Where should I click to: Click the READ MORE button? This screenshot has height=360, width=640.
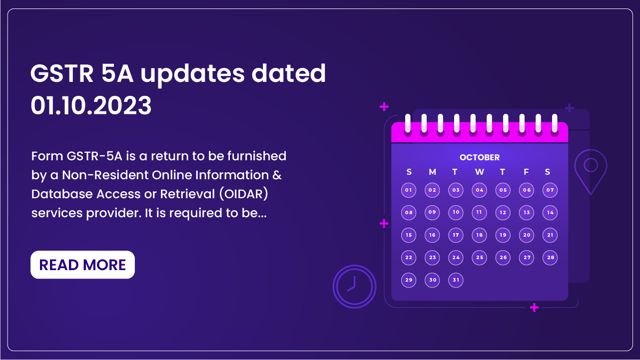(82, 265)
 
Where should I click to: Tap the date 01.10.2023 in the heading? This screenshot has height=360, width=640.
(91, 106)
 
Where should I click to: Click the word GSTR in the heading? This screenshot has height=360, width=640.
(62, 74)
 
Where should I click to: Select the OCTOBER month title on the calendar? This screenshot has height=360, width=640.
(480, 157)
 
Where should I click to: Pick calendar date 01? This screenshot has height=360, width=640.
(409, 190)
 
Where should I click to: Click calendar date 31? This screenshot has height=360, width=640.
(456, 280)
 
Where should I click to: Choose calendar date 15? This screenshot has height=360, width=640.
(409, 235)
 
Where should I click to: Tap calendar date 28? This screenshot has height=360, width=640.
(550, 258)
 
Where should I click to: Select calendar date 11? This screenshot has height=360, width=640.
(479, 212)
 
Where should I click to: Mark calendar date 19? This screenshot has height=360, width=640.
(503, 235)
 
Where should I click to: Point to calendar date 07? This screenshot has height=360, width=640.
(550, 190)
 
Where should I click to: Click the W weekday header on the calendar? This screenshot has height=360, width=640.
(480, 172)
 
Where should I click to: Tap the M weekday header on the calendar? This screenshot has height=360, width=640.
(432, 172)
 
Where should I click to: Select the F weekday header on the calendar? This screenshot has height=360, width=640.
(526, 172)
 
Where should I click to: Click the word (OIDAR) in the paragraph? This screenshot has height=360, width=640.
(244, 194)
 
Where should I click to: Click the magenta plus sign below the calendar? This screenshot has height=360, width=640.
(534, 308)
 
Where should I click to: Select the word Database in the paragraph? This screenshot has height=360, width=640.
(62, 194)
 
